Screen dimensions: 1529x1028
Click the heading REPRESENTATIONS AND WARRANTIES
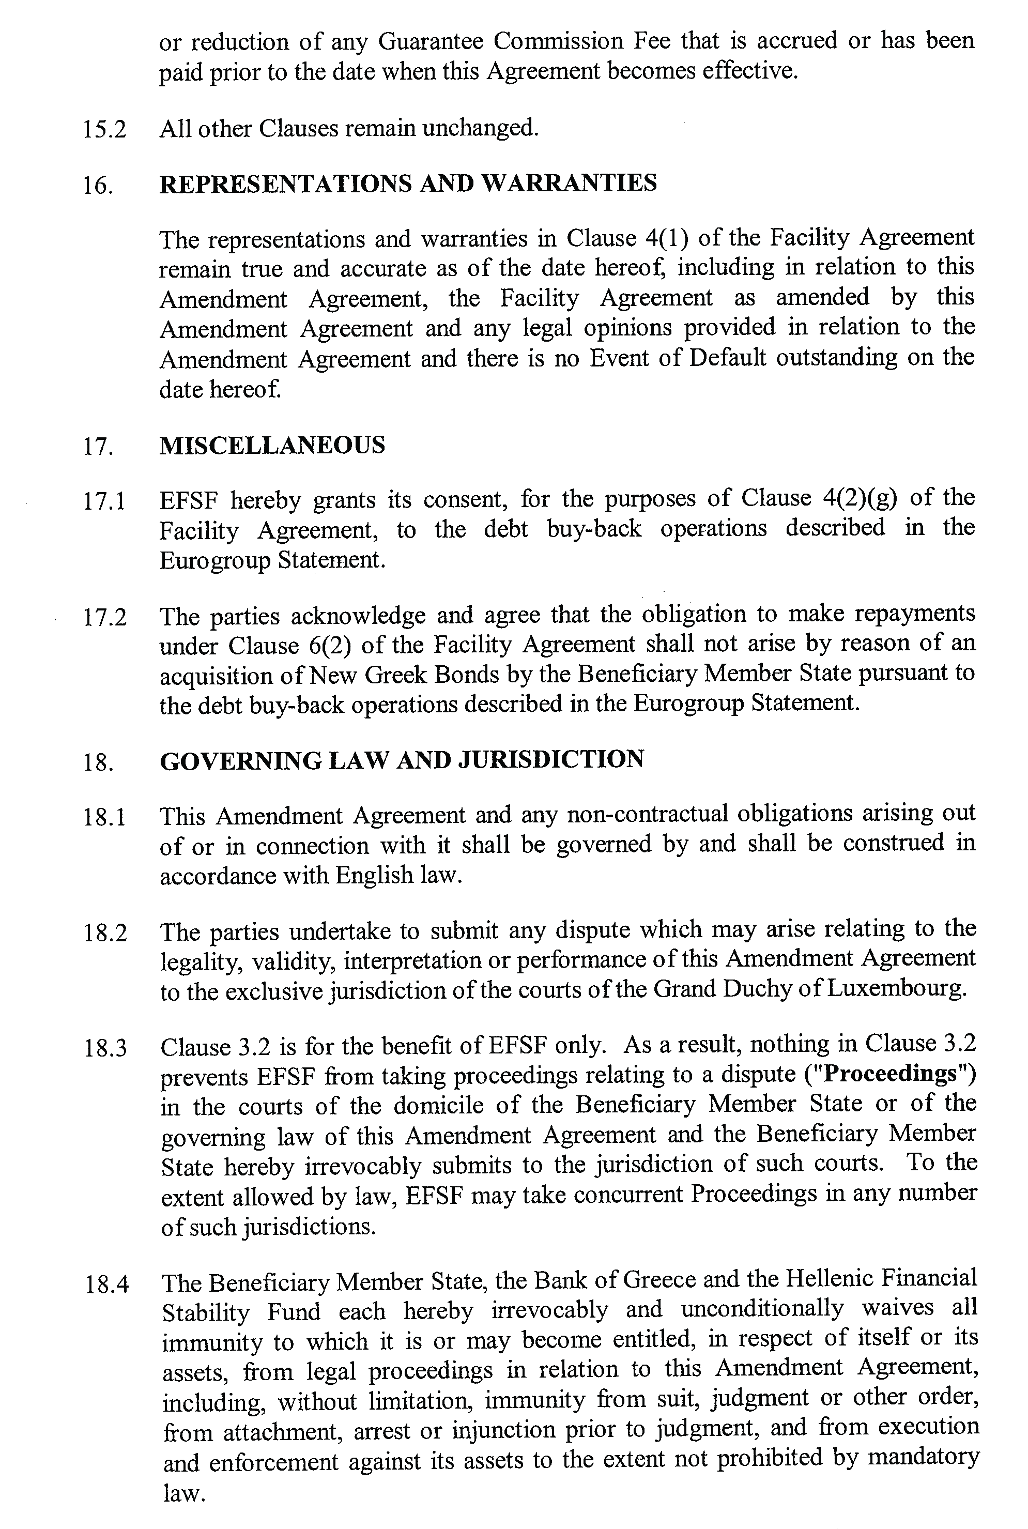tap(408, 184)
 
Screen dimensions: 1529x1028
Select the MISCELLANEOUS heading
tap(272, 446)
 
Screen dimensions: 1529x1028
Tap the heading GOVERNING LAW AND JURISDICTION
tap(401, 760)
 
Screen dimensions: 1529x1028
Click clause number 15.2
tap(104, 129)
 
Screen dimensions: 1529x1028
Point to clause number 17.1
tap(104, 501)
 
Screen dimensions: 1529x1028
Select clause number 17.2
tap(105, 617)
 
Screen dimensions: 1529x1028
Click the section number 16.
tap(98, 186)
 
